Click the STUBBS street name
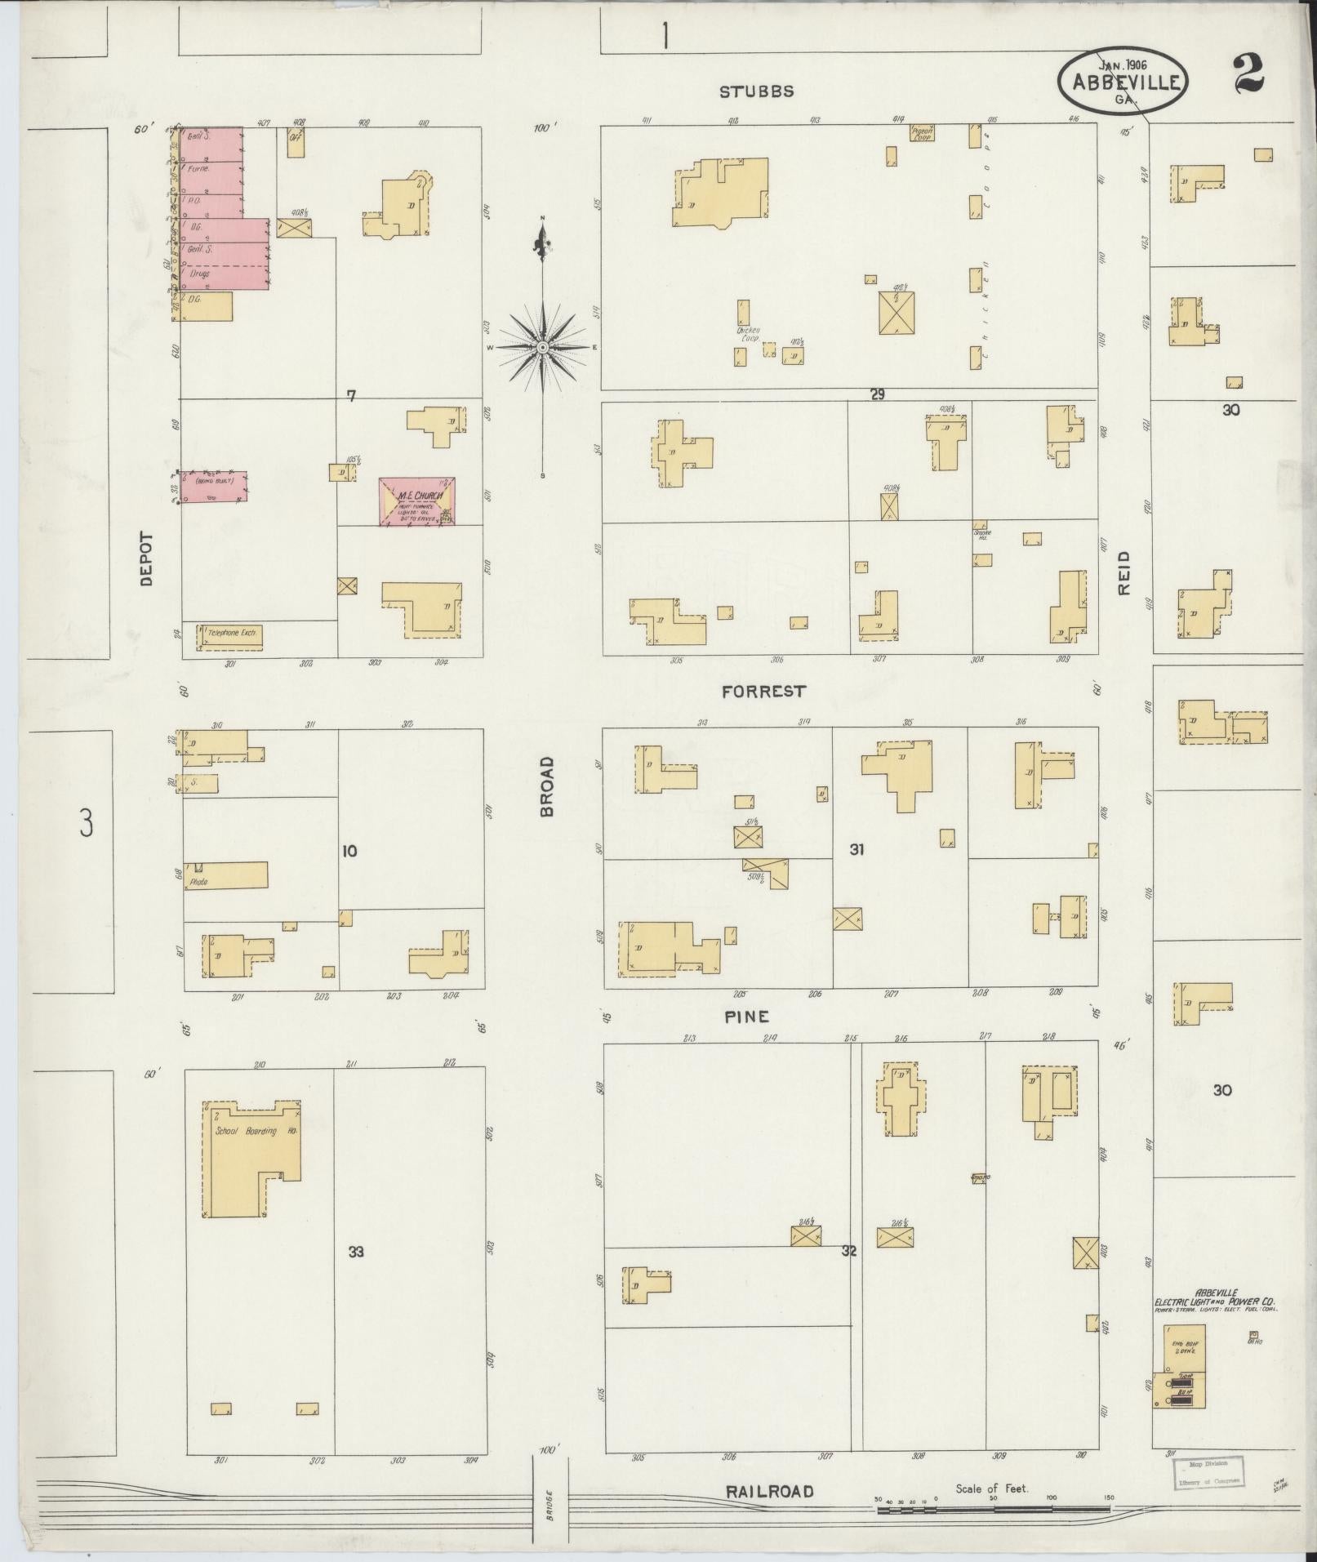click(756, 91)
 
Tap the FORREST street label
click(763, 692)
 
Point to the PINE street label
click(747, 1017)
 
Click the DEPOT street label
click(147, 559)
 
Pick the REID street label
click(1124, 572)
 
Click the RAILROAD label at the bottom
click(770, 1492)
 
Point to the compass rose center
click(542, 349)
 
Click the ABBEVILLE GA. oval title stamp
click(1122, 81)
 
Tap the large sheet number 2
click(1248, 73)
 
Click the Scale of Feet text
click(992, 1488)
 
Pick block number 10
click(349, 851)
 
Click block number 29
click(877, 394)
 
